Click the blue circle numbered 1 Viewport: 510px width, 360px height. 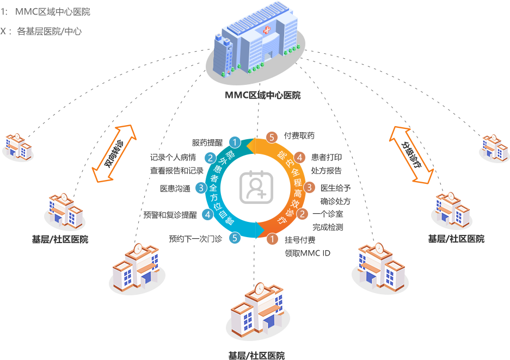[235, 142]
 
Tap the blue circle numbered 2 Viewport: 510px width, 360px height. [210, 159]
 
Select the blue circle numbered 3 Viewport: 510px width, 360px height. [200, 188]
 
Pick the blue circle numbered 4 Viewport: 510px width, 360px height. [208, 215]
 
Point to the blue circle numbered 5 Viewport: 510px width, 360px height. [235, 237]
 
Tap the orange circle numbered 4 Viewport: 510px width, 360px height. [299, 158]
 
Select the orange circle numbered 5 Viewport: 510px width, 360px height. [272, 138]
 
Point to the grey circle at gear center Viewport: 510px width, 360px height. [254, 188]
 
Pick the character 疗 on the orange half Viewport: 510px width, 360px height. [282, 220]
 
